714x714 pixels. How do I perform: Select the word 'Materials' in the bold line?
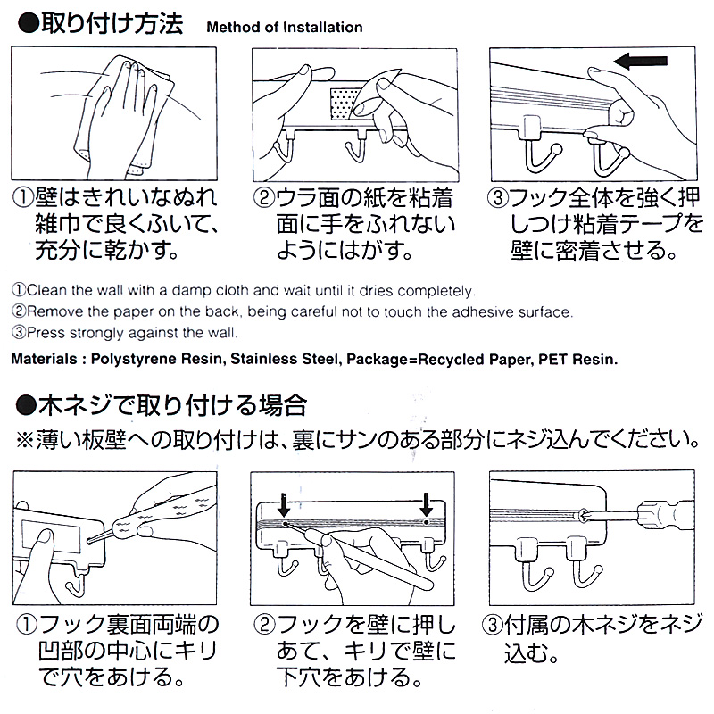tap(44, 360)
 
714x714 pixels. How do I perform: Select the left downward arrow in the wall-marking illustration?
tap(283, 506)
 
